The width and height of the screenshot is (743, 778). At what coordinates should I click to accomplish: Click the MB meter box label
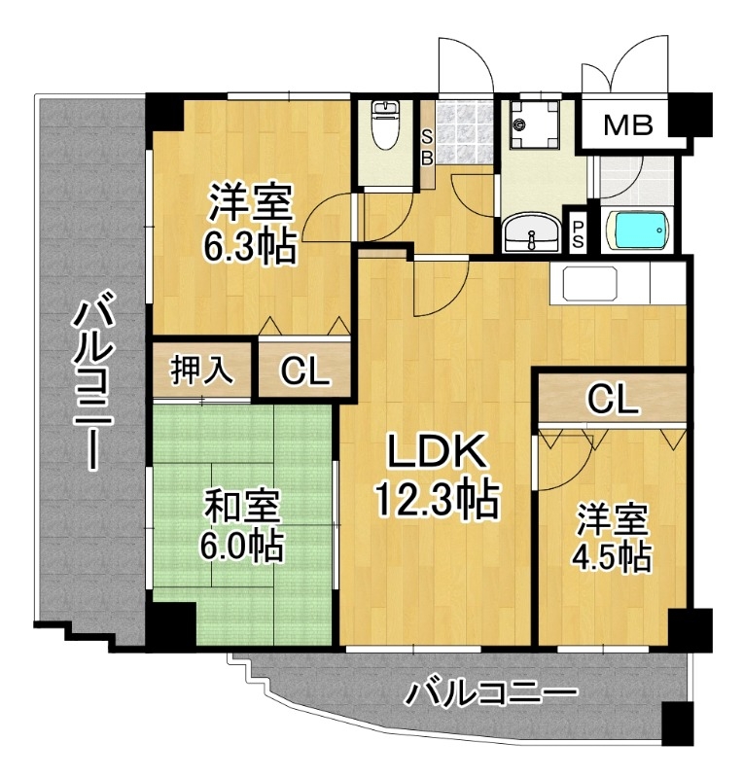(628, 125)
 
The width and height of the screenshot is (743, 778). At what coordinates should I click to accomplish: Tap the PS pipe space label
(579, 234)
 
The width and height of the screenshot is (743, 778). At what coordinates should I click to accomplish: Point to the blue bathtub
(637, 230)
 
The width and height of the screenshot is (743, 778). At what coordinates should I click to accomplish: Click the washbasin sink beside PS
(532, 234)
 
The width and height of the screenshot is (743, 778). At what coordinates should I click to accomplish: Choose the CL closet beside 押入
(304, 371)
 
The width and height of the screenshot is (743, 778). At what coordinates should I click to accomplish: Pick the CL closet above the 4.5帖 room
(613, 400)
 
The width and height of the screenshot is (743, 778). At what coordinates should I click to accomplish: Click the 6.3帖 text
(250, 246)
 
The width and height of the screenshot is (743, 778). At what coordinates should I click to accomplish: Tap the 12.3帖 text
(437, 499)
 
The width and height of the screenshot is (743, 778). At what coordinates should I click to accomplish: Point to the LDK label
(437, 451)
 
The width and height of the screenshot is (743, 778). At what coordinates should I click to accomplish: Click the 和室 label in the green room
(243, 506)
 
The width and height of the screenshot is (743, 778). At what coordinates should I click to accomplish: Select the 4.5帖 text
(612, 559)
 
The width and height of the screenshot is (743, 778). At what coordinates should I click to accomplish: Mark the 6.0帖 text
(242, 546)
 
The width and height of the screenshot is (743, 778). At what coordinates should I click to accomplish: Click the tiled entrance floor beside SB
(464, 132)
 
